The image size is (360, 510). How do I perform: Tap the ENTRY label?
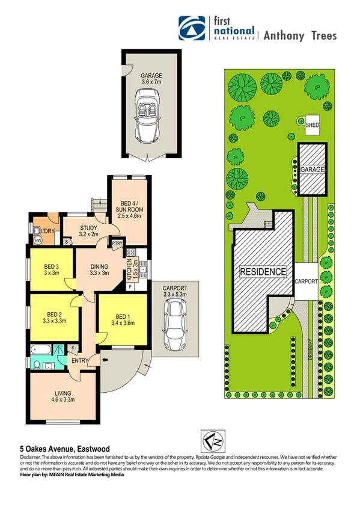tap(80, 361)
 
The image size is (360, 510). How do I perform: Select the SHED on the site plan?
tap(312, 126)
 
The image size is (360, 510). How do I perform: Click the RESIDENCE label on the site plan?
tap(264, 272)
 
